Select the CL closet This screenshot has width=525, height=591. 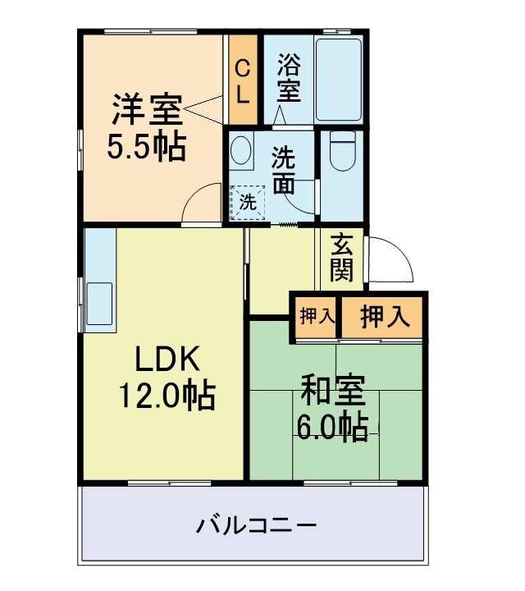coord(242,79)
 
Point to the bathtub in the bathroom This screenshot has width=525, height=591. coord(339,80)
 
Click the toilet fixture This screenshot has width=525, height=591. coord(340,151)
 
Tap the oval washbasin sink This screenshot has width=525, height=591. coord(241,152)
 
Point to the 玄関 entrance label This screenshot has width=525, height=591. coord(340,256)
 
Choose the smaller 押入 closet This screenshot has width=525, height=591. coord(313,317)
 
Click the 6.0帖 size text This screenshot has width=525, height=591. coord(331,428)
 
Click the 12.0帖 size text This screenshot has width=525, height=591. coord(167,398)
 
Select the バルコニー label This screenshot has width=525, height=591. coord(256,525)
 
